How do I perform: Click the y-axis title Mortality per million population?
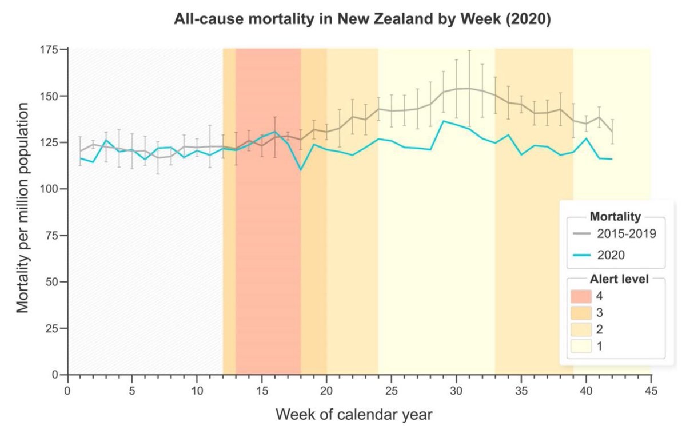(22, 208)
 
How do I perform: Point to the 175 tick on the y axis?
(53, 50)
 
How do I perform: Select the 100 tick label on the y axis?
(53, 189)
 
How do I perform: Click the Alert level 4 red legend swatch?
(581, 296)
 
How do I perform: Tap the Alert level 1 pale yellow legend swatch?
(581, 346)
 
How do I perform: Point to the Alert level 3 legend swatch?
(581, 312)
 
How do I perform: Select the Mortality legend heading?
(615, 217)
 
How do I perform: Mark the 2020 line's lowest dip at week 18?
(301, 170)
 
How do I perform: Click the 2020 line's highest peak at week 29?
(444, 121)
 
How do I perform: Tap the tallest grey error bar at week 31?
(469, 89)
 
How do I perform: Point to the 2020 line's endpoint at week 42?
(612, 159)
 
